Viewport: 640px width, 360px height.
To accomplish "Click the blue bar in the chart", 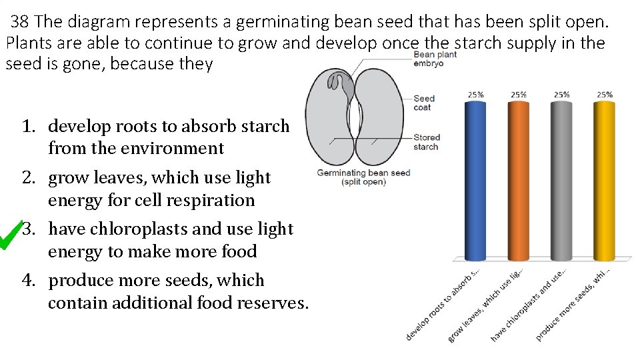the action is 475,180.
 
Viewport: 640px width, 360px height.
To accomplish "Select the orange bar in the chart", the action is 518,180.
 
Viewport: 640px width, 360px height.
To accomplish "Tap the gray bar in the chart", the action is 561,180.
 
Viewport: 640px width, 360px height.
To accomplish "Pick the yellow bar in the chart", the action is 604,180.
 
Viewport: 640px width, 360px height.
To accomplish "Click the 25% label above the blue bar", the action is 475,95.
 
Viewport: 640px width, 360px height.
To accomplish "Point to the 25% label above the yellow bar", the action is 604,95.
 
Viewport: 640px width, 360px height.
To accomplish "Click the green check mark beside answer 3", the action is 11,234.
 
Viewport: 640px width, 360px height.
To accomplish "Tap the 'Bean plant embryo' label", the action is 435,59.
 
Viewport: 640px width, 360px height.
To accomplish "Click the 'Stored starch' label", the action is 426,142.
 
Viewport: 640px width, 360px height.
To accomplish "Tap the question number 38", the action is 20,22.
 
